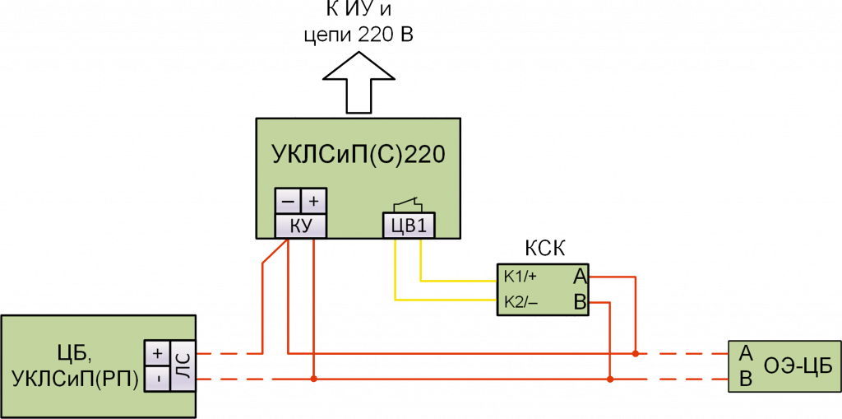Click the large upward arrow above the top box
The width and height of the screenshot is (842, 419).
coord(360,82)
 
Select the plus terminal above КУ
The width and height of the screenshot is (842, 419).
coord(313,202)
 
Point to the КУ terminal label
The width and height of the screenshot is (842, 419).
coord(299,226)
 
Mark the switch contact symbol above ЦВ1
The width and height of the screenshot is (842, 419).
coord(408,204)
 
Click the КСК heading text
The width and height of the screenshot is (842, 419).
coord(545,248)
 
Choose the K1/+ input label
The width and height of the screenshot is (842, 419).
coord(520,276)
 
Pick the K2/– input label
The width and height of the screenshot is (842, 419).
coord(520,303)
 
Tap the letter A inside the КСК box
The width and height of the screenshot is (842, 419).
coord(579,276)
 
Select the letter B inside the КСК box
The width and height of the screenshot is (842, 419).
coord(579,303)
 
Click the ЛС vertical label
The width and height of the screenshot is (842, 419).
coord(183,366)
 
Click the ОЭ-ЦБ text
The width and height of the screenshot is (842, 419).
coord(795,366)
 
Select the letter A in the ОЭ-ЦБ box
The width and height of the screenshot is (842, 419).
coord(746,353)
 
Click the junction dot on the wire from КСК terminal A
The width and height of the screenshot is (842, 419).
coord(636,354)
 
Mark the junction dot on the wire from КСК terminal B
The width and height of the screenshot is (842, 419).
coord(609,380)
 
